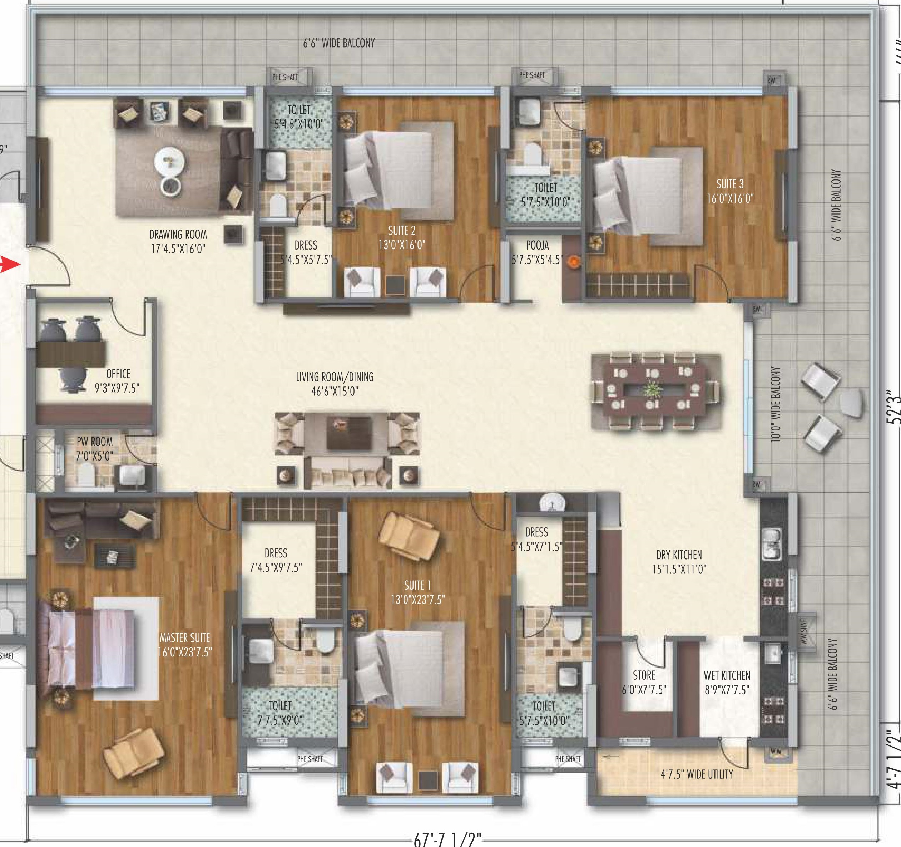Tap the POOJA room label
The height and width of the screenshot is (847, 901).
pyautogui.click(x=538, y=246)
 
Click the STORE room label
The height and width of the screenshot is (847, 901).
pyautogui.click(x=644, y=675)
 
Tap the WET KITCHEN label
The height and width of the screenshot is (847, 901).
pyautogui.click(x=727, y=676)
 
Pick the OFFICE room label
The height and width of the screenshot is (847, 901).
pyautogui.click(x=118, y=374)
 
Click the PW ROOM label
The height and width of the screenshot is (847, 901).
pyautogui.click(x=94, y=442)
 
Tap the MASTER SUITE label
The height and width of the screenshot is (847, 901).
pyautogui.click(x=184, y=638)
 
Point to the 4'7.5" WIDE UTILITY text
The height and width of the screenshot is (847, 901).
pyautogui.click(x=697, y=774)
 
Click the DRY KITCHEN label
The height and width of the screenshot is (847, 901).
pyautogui.click(x=679, y=555)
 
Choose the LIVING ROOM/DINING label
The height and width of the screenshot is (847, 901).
pyautogui.click(x=335, y=377)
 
